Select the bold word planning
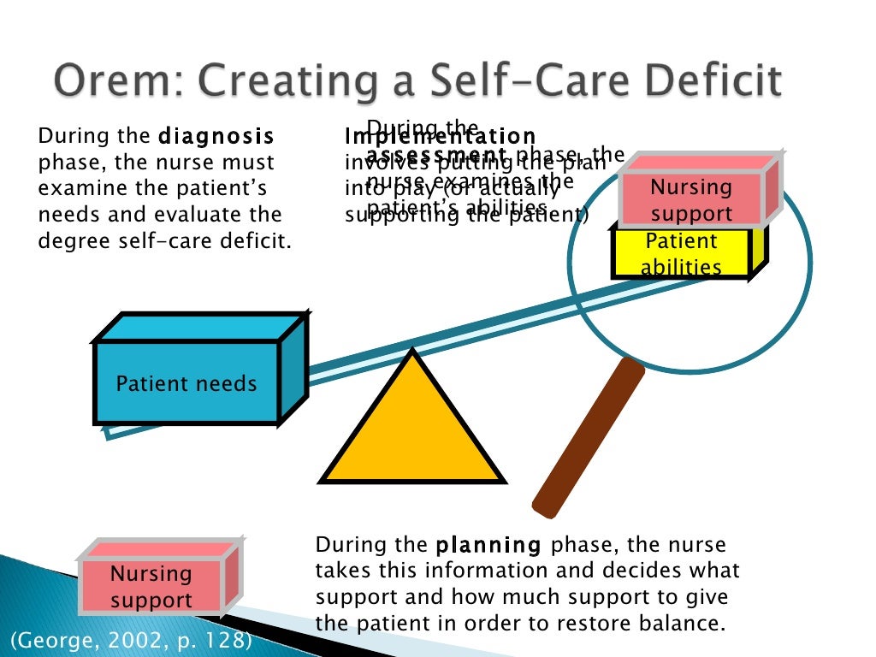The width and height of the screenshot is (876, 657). point(488,545)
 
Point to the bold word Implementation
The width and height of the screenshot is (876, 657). point(440,137)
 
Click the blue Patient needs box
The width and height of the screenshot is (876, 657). point(186,382)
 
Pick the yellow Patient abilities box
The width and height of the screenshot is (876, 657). point(682,253)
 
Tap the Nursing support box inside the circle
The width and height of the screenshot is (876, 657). point(691,200)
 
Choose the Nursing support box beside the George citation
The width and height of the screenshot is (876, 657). point(151,586)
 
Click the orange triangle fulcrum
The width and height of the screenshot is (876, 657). point(411,428)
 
